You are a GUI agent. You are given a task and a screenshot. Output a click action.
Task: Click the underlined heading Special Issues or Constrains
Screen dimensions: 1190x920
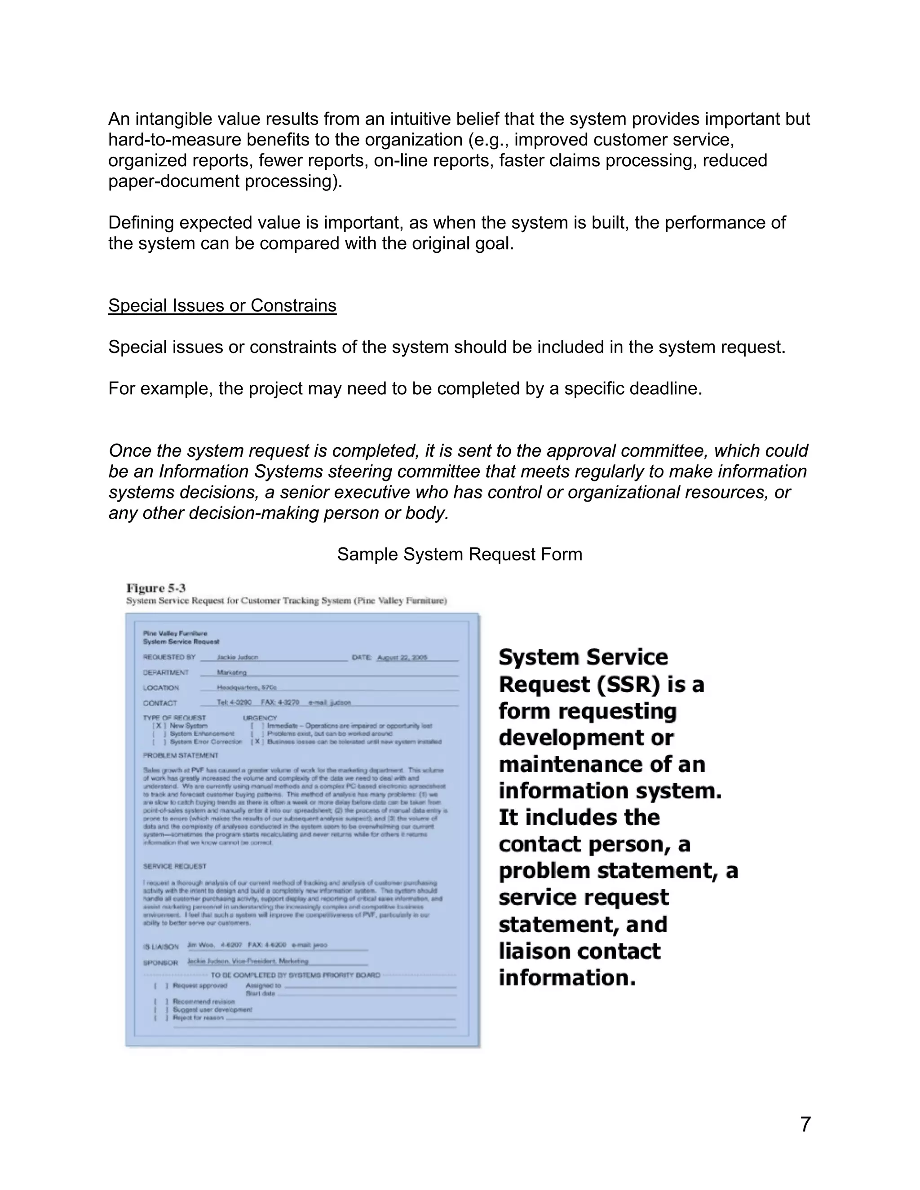222,306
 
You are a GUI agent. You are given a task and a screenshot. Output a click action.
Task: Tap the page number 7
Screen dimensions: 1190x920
805,1124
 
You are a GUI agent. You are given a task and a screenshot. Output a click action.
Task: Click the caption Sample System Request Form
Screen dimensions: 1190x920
460,554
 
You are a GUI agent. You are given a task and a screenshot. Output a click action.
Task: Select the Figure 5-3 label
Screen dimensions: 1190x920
156,588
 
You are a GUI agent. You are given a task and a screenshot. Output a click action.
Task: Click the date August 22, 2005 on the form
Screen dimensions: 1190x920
402,658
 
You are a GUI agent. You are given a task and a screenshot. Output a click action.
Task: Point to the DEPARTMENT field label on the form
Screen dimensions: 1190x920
166,672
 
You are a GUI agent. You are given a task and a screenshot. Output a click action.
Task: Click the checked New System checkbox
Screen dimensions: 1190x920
158,726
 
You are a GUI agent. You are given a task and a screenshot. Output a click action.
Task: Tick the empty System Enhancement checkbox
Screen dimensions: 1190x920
158,734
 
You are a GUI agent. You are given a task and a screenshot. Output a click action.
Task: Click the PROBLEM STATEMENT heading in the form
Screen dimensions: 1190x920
181,756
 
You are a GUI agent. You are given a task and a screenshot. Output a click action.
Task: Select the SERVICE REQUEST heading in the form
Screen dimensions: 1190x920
174,866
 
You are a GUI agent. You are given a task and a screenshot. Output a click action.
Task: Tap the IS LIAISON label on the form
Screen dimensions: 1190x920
161,947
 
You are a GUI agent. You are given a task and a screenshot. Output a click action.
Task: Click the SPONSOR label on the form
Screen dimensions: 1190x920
160,963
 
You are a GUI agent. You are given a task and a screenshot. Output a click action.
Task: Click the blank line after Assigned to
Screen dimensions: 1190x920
371,986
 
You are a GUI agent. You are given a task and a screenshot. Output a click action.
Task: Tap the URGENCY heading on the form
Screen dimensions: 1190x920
260,718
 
